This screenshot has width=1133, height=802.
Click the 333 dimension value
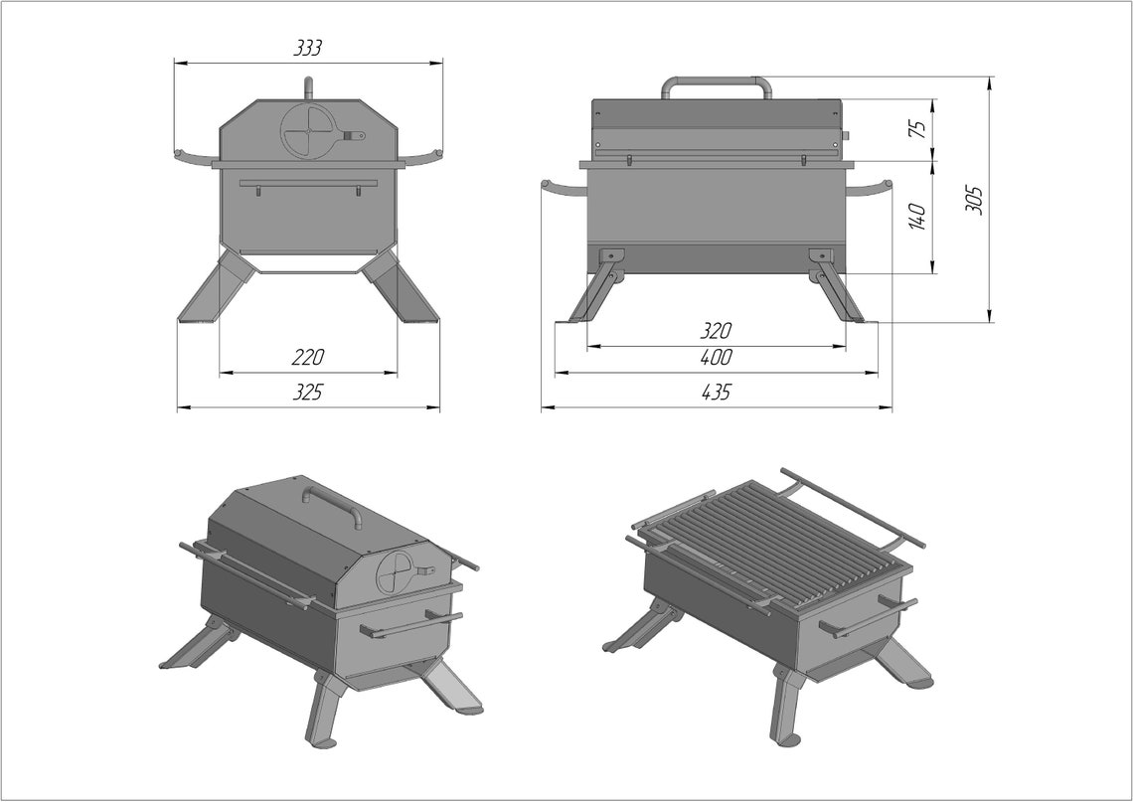[x=307, y=48]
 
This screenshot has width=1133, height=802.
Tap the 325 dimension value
[x=308, y=393]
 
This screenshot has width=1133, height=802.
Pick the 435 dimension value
[x=716, y=393]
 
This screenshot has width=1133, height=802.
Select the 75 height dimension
[x=917, y=128]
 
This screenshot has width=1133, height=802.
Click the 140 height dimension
[x=917, y=216]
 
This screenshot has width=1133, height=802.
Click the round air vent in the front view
[x=308, y=130]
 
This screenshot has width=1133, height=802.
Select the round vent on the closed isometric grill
[x=397, y=573]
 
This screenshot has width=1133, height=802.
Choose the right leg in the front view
[x=403, y=288]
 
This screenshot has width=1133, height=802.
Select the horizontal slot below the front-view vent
[x=308, y=183]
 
